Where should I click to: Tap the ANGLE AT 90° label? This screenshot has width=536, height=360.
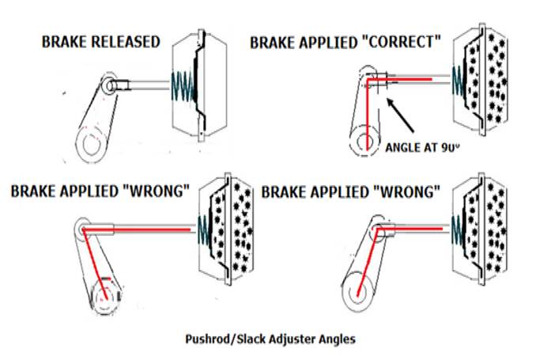[x=424, y=146]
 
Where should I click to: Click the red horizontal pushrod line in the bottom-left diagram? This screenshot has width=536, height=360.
[x=142, y=229]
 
